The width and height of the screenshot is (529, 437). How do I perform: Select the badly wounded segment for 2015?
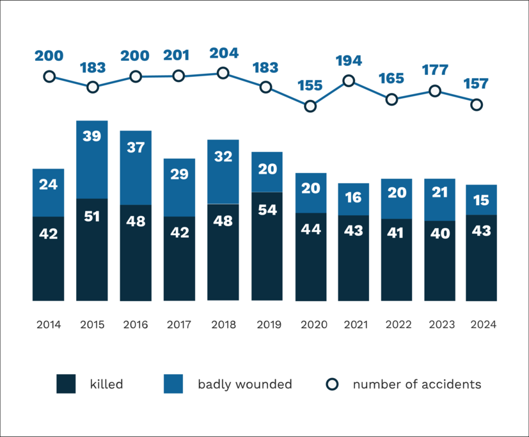91,160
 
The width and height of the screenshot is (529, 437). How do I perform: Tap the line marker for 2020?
310,106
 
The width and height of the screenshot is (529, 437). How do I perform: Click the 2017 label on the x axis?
178,325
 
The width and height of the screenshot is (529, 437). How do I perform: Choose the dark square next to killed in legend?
66,384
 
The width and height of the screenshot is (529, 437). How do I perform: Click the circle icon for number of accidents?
331,384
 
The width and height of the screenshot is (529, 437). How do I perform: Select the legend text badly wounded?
244,384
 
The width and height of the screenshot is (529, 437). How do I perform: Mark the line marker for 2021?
349,81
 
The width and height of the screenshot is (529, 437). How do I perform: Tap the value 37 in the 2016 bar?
136,147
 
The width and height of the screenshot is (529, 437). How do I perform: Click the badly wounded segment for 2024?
482,200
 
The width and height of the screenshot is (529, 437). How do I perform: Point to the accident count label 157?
475,84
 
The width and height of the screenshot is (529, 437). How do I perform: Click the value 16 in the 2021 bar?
354,198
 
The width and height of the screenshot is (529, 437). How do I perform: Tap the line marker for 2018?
223,73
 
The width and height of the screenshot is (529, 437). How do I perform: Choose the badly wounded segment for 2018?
223,171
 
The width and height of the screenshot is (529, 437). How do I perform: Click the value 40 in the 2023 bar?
439,234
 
